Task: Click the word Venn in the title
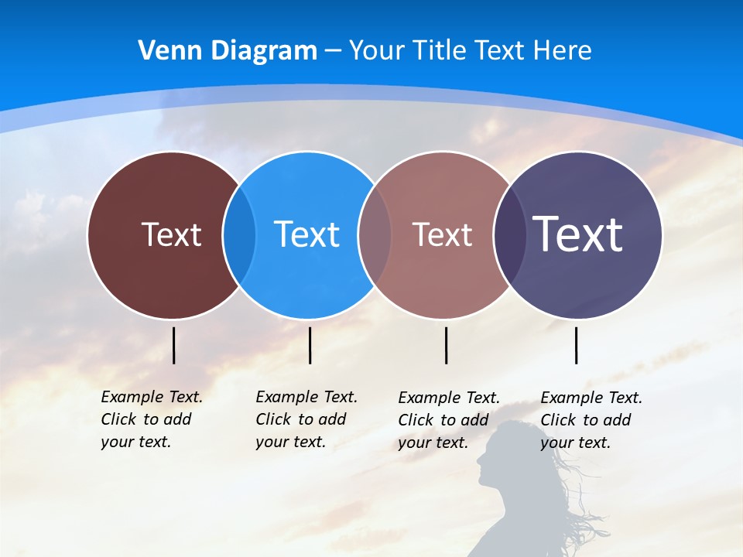163,51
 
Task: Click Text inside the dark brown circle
171,234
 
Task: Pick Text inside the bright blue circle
307,234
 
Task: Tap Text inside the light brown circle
442,234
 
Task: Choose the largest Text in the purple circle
578,234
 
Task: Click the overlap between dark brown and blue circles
239,234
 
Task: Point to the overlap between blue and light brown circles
375,234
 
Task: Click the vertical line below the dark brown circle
173,345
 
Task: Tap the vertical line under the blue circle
310,345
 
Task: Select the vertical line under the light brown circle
446,345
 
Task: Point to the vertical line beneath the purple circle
576,345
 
